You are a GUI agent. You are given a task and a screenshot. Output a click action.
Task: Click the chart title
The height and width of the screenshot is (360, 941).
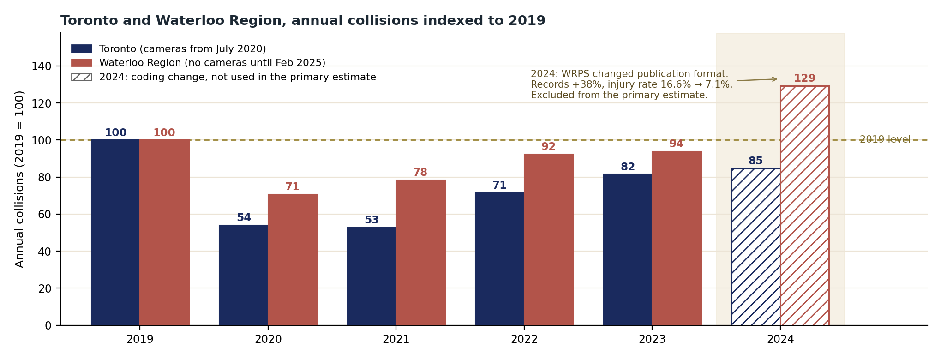(303, 21)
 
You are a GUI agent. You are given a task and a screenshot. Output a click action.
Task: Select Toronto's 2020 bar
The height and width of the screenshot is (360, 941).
(243, 275)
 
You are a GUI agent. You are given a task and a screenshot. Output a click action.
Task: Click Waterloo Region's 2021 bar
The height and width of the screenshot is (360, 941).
(420, 252)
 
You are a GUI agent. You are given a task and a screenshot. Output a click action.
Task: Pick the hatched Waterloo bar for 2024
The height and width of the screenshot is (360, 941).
(804, 205)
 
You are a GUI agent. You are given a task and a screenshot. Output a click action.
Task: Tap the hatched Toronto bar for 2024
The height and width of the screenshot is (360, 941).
(756, 247)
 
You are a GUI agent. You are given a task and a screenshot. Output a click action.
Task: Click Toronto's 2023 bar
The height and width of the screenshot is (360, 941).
(627, 249)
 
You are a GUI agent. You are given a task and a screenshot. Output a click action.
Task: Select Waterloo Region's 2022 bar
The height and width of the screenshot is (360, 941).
(549, 240)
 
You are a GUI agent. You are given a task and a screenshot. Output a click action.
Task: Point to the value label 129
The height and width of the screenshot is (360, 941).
(804, 78)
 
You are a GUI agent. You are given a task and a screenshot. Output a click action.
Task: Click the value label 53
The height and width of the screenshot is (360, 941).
(372, 220)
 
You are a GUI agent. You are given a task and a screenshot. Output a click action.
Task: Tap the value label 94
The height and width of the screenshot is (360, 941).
(676, 144)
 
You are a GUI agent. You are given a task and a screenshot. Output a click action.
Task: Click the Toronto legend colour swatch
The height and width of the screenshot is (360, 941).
(82, 49)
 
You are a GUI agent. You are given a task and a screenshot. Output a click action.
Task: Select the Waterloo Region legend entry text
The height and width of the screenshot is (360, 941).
(212, 63)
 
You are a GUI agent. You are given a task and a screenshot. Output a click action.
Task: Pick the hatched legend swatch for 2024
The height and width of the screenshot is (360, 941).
(82, 77)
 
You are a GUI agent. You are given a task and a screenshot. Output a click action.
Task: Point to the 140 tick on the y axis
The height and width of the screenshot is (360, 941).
(58, 66)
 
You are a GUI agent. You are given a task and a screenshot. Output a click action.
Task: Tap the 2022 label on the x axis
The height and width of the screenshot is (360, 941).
(524, 340)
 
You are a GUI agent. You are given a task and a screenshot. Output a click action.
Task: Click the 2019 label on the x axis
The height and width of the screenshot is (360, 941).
(140, 340)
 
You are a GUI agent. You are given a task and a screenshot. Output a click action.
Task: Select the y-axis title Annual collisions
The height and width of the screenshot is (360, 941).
(19, 179)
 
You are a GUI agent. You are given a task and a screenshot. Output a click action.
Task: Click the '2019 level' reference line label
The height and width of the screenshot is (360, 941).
(885, 139)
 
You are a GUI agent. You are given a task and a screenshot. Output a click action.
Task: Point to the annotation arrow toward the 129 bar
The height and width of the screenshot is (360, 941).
(757, 80)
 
